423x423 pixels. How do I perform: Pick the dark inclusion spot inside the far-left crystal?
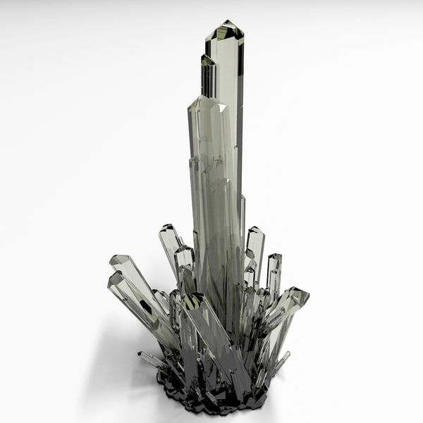pos(145,307)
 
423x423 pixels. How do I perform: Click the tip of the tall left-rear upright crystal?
pos(168,228)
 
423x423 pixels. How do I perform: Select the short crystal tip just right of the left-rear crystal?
pos(184,250)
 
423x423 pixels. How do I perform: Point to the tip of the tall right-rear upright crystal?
pos(255,231)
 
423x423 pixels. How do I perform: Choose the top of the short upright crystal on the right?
pos(274,257)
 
